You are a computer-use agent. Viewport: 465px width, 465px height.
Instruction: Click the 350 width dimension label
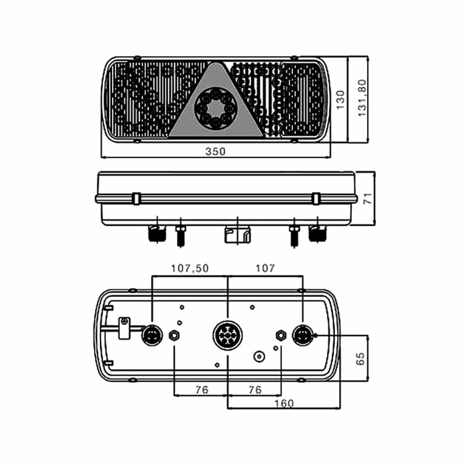click(x=215, y=151)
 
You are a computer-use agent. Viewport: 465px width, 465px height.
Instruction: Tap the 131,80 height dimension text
click(x=362, y=98)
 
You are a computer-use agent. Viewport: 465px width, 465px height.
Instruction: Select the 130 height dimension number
click(x=340, y=100)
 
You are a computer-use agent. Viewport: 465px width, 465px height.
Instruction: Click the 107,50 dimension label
click(x=190, y=268)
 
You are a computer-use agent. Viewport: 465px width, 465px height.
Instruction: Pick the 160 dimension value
click(x=284, y=403)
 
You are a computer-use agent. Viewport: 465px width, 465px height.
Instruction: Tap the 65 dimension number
click(x=360, y=359)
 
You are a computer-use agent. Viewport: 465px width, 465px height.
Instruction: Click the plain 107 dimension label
click(x=265, y=268)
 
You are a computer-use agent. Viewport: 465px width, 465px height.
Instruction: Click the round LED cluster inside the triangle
click(x=216, y=108)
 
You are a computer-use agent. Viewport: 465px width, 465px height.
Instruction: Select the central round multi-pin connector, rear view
click(x=228, y=336)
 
